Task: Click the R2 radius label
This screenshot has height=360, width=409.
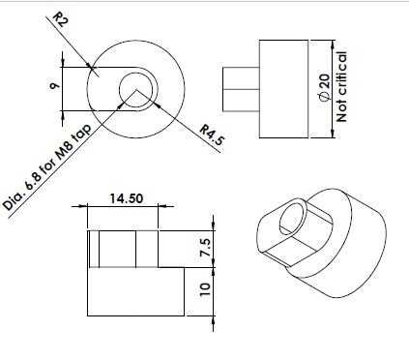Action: (x=60, y=20)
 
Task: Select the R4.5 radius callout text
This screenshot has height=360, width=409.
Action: (x=212, y=135)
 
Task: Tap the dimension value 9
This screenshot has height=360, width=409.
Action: (x=55, y=86)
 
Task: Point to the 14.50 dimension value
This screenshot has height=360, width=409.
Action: (x=126, y=198)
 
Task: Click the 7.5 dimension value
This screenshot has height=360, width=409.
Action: (x=205, y=248)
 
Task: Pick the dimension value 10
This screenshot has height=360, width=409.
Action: (x=205, y=289)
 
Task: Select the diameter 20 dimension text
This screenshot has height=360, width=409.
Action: (x=325, y=86)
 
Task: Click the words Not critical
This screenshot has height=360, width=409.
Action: (x=341, y=87)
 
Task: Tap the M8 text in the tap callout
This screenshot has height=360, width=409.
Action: (x=63, y=153)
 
